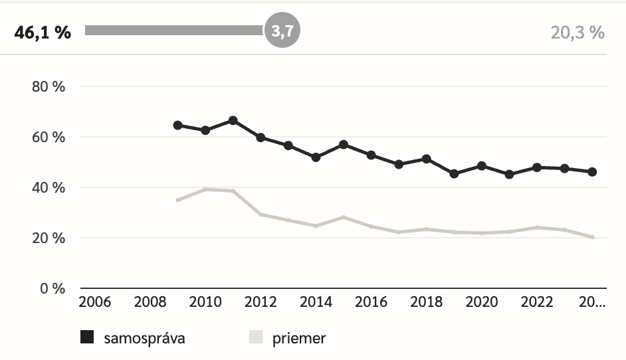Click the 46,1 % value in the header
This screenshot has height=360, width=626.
tap(43, 32)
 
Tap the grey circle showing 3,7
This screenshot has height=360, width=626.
tap(282, 31)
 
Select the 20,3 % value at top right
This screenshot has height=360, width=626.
tap(577, 32)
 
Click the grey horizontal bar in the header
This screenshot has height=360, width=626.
tap(174, 31)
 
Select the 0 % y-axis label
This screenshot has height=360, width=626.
tap(51, 289)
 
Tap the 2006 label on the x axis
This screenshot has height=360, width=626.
tap(94, 303)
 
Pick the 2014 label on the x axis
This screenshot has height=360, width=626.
tap(316, 303)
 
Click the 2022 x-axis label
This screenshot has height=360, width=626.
tap(537, 303)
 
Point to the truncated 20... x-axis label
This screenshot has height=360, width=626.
tap(591, 303)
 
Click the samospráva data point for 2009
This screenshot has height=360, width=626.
tap(177, 125)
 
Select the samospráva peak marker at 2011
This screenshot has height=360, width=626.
tap(233, 120)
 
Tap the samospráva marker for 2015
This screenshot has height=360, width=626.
tap(344, 144)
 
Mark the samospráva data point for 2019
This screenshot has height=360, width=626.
tap(454, 174)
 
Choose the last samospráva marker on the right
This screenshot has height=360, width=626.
tap(592, 172)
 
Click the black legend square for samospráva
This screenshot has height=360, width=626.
tap(87, 337)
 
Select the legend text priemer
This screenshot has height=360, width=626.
tap(299, 338)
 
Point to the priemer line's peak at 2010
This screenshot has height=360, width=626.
tap(205, 189)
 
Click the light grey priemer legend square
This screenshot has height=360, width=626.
tap(256, 337)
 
